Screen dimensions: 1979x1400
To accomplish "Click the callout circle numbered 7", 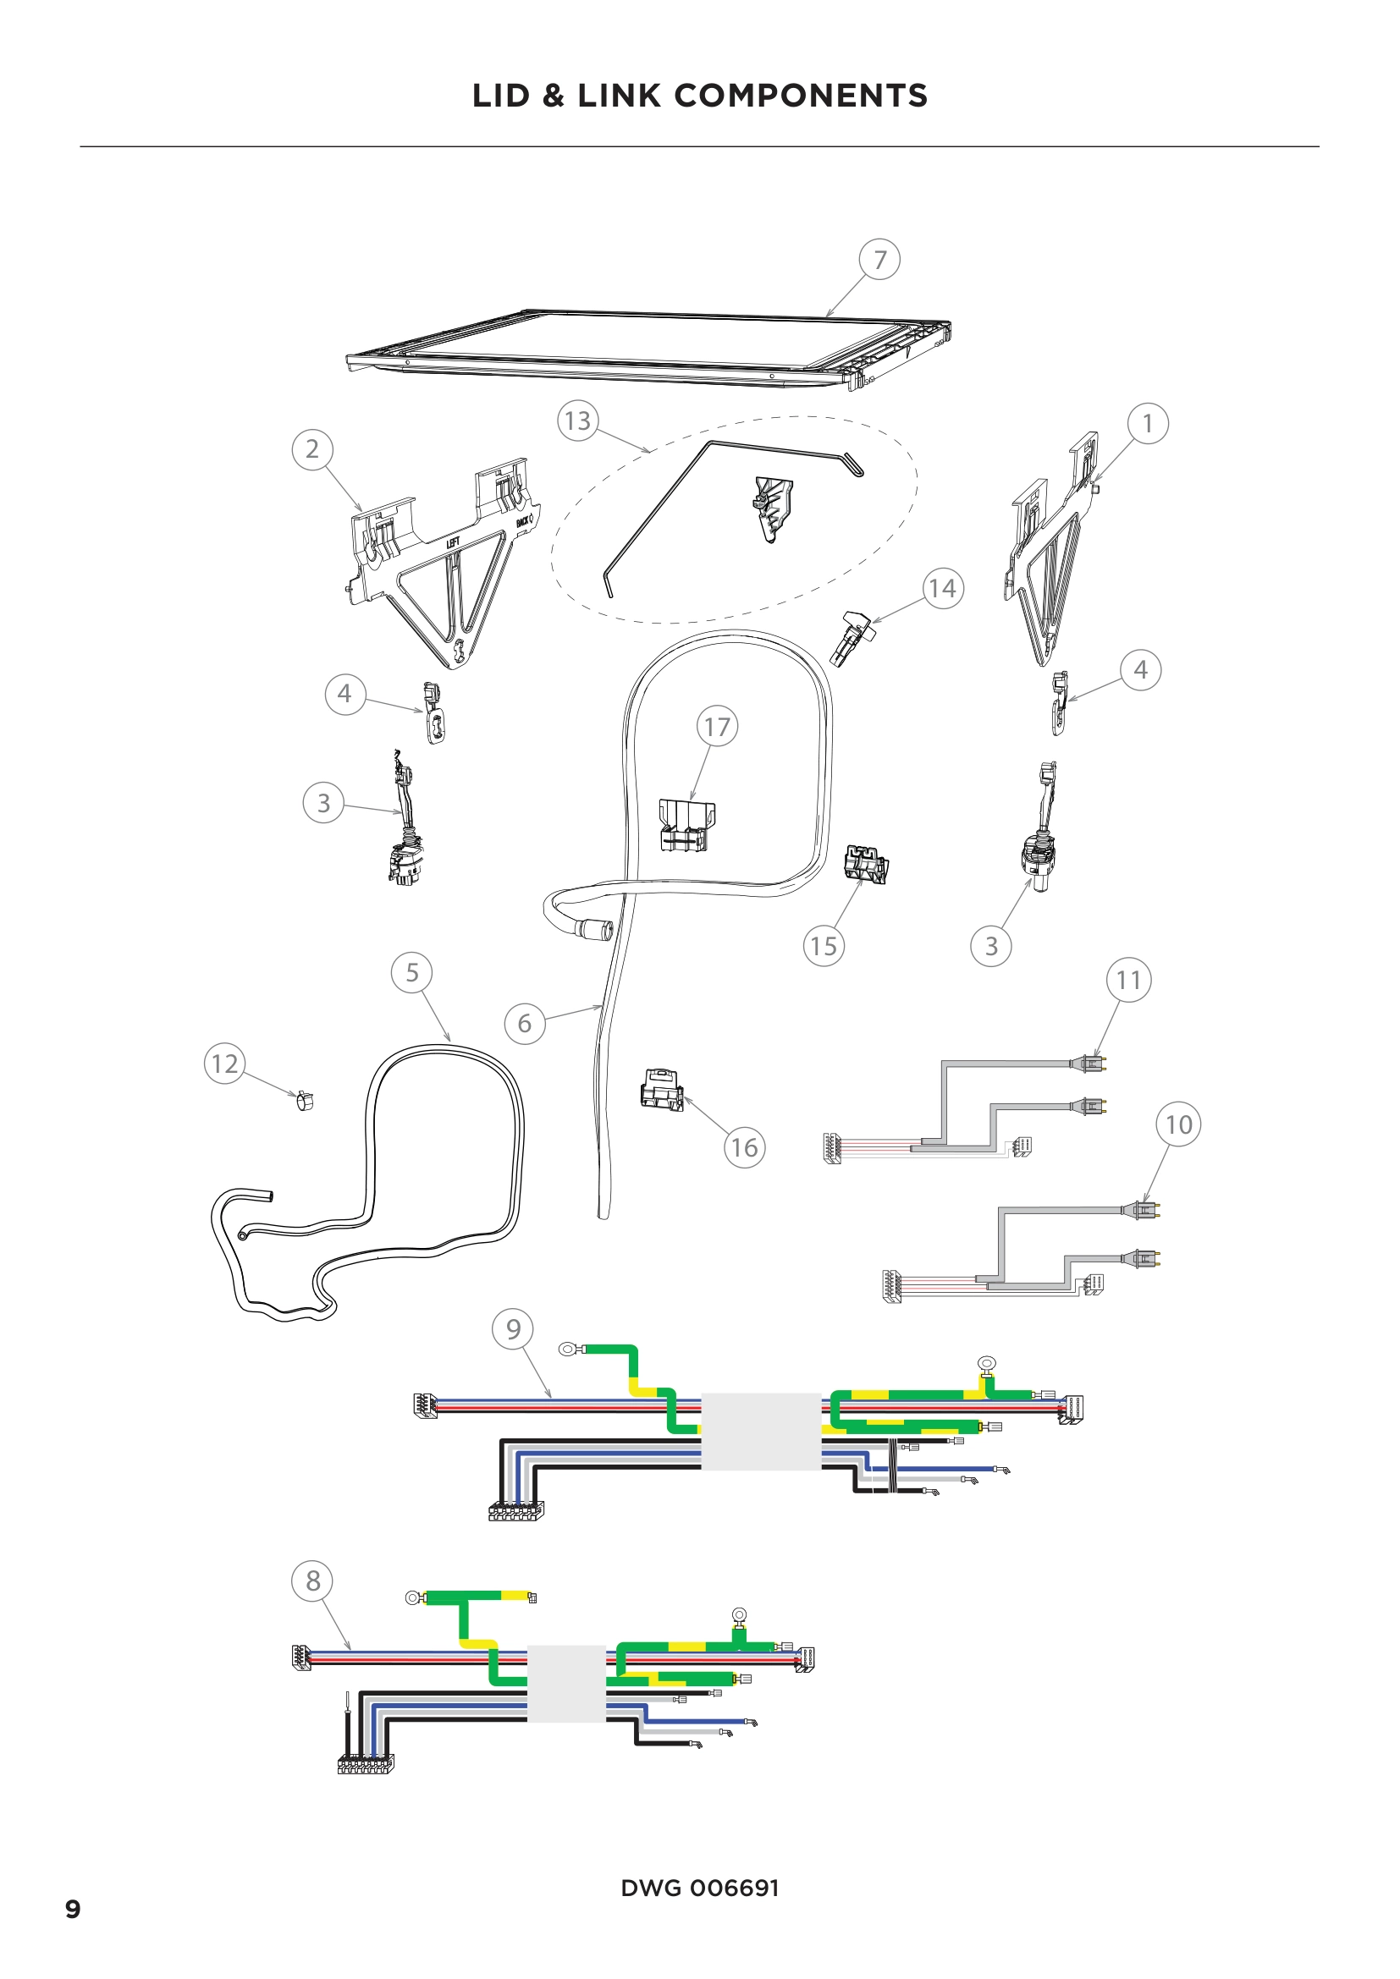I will pyautogui.click(x=879, y=259).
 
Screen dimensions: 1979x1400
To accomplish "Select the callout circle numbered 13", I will pyautogui.click(x=577, y=421).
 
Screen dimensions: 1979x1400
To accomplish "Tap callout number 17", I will pyautogui.click(x=717, y=727).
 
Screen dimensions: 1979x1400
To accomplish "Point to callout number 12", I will pyautogui.click(x=224, y=1063).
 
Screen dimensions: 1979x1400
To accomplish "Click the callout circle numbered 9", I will pyautogui.click(x=513, y=1328).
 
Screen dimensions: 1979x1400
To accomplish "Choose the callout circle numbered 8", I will pyautogui.click(x=312, y=1580).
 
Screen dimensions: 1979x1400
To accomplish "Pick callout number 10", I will pyautogui.click(x=1177, y=1124).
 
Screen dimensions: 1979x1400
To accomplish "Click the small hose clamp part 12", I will pyautogui.click(x=304, y=1101).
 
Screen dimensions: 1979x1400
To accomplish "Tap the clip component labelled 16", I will pyautogui.click(x=662, y=1090).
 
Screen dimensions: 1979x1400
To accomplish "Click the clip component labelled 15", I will pyautogui.click(x=867, y=864).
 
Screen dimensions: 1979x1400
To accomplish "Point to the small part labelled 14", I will pyautogui.click(x=855, y=636).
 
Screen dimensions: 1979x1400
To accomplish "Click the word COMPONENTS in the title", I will pyautogui.click(x=800, y=96).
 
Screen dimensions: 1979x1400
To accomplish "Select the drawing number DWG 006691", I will pyautogui.click(x=699, y=1887).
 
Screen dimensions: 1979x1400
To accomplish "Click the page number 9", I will pyautogui.click(x=74, y=1908).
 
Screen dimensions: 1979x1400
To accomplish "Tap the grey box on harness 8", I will pyautogui.click(x=565, y=1683).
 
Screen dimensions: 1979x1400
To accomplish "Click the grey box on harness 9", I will pyautogui.click(x=760, y=1431).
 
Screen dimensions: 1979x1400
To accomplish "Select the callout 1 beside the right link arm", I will pyautogui.click(x=1148, y=423).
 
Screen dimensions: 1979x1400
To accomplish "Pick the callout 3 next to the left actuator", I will pyautogui.click(x=323, y=802).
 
